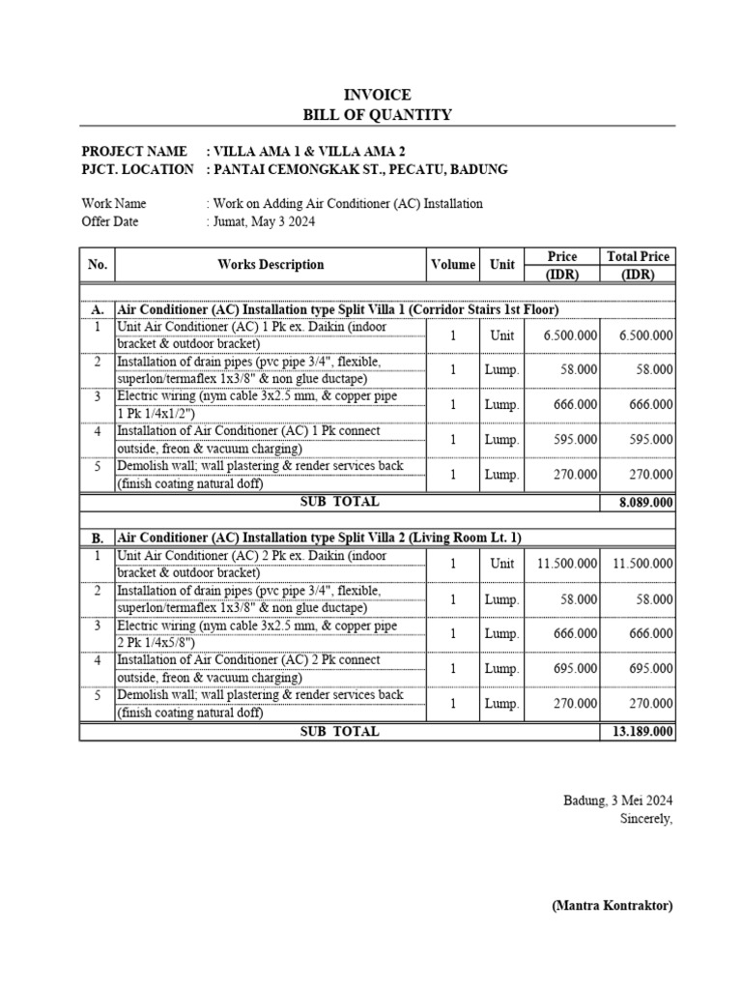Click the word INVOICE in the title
click(378, 95)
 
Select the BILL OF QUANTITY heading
click(378, 115)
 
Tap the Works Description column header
click(271, 264)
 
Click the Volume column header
click(452, 264)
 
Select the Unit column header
click(501, 264)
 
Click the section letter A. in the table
click(98, 309)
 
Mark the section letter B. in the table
click(98, 538)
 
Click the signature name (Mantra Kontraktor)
click(612, 906)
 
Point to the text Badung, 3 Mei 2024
click(618, 801)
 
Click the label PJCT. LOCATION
click(137, 169)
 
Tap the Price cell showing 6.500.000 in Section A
click(570, 335)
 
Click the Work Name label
click(114, 204)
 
